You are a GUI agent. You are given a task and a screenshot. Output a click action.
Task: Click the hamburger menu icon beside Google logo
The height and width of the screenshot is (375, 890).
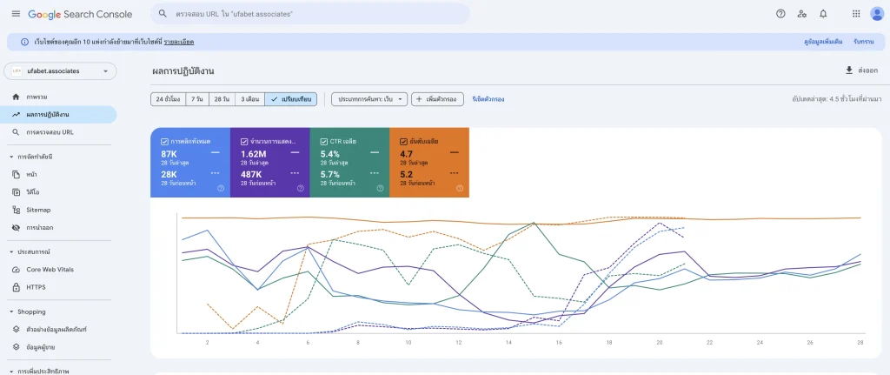[16, 14]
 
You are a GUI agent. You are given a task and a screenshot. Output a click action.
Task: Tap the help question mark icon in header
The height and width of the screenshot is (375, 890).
[780, 14]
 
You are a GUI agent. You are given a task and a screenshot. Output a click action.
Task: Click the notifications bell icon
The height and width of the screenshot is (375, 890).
[823, 14]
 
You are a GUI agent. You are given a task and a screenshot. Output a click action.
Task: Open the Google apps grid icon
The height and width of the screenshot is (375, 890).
[856, 14]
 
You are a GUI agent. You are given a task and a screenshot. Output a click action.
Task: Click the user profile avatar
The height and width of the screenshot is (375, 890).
[876, 14]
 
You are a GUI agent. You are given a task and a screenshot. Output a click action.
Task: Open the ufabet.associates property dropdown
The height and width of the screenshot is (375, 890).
[60, 71]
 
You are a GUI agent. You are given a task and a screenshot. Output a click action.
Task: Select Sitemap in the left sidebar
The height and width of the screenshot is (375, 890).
[38, 210]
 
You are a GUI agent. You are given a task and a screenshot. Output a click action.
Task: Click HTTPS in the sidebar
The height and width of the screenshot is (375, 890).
[37, 286]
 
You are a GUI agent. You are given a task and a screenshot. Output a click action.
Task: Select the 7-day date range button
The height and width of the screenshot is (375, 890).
[197, 99]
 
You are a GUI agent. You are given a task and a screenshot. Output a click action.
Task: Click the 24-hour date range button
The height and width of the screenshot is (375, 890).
[166, 99]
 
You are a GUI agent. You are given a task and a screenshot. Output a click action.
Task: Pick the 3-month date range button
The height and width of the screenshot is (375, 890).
[249, 99]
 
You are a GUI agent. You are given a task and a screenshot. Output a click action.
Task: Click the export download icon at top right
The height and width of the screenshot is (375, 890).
[849, 70]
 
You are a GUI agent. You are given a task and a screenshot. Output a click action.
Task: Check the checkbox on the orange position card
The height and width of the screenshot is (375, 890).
[404, 141]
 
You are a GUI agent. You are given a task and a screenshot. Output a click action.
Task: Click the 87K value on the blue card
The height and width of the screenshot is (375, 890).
[169, 154]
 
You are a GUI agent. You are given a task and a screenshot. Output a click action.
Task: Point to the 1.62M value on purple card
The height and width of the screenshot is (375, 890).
[254, 154]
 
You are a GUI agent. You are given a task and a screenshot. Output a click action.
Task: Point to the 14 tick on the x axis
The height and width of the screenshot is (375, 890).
[508, 343]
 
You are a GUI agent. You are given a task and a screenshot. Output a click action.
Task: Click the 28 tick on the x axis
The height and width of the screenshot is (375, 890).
[859, 343]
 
